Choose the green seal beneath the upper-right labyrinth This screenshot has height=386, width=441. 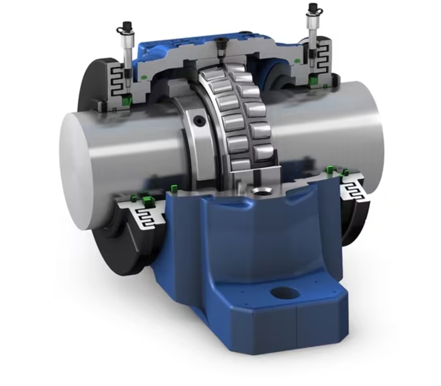tap(315, 83)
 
